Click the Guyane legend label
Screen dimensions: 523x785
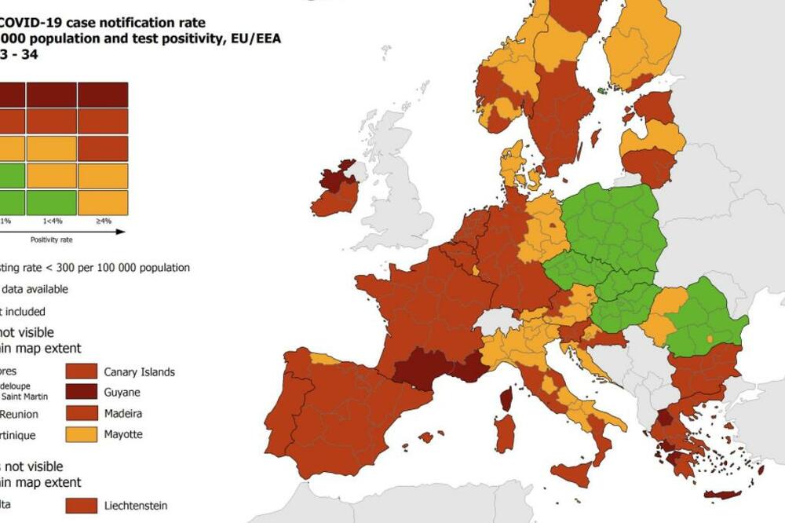coord(121,393)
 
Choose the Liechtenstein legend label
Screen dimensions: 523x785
coord(135,506)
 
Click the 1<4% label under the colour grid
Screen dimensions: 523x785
coord(52,221)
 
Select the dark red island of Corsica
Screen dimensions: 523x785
coord(506,399)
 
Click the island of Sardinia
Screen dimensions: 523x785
coord(505,433)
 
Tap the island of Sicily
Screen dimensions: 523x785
coord(572,474)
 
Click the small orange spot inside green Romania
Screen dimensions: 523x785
coord(709,338)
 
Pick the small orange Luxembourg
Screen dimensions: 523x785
coord(476,270)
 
